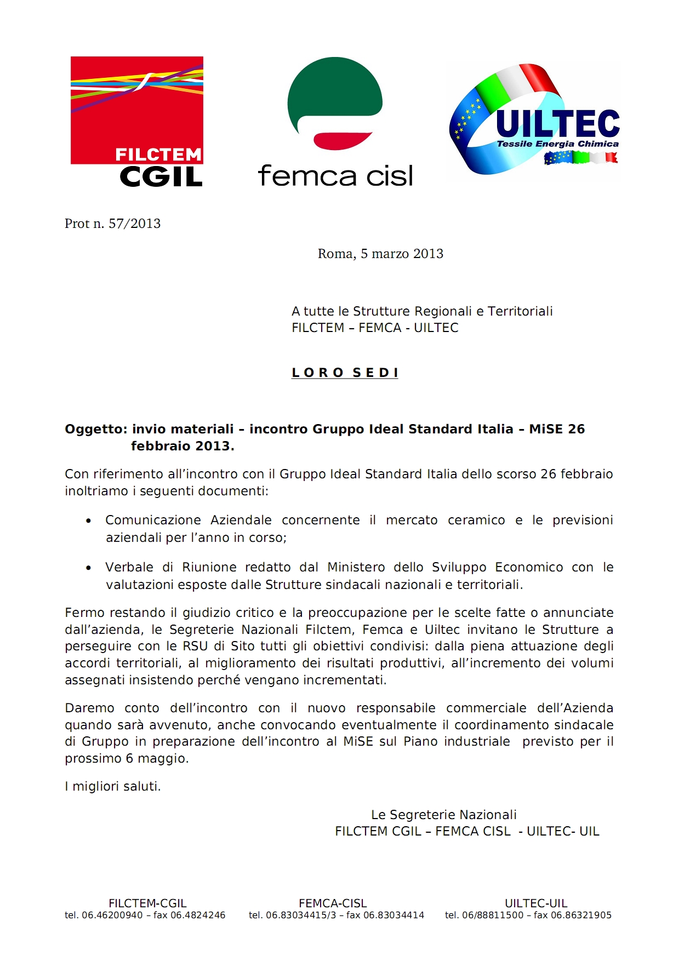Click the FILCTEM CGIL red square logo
[137, 110]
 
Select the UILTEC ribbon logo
[534, 121]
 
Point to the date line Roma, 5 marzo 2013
[380, 254]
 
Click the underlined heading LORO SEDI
[345, 373]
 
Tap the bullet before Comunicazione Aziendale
[89, 521]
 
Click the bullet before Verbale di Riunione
[89, 568]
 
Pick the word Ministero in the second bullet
[356, 567]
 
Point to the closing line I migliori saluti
[113, 786]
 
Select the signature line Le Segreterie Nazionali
[444, 815]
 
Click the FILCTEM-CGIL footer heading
[147, 903]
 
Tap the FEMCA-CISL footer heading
[333, 903]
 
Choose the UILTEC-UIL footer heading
[536, 903]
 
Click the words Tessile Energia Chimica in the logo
[557, 144]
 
